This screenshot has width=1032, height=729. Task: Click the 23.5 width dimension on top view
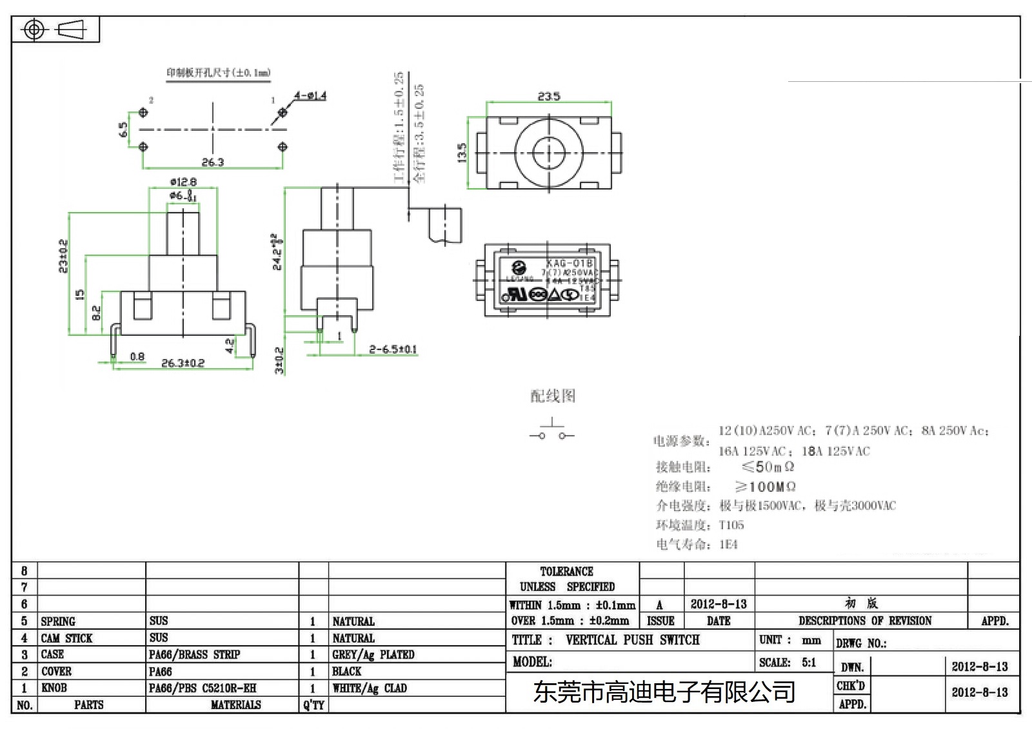549,96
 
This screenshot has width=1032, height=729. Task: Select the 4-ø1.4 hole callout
310,96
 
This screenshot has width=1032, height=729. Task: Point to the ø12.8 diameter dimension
183,182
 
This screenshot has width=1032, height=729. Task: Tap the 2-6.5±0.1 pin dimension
393,349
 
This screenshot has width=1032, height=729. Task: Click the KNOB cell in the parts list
54,688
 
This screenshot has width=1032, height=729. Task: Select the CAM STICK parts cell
66,638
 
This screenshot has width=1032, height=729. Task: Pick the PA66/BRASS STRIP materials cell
194,654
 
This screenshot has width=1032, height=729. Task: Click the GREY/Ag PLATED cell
373,654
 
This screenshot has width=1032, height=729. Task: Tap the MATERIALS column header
235,705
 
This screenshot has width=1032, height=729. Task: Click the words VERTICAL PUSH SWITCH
632,639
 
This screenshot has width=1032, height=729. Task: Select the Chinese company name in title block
664,692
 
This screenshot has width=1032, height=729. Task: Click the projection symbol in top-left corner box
55,30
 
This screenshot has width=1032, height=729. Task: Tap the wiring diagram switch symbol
551,431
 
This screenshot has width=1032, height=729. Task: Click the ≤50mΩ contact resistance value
768,467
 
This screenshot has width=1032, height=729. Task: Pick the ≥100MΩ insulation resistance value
765,487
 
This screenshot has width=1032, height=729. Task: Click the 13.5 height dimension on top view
462,152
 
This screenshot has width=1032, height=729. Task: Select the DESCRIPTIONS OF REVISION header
864,621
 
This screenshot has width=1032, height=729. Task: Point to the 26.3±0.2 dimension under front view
183,363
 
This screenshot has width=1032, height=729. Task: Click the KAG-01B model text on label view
569,263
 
